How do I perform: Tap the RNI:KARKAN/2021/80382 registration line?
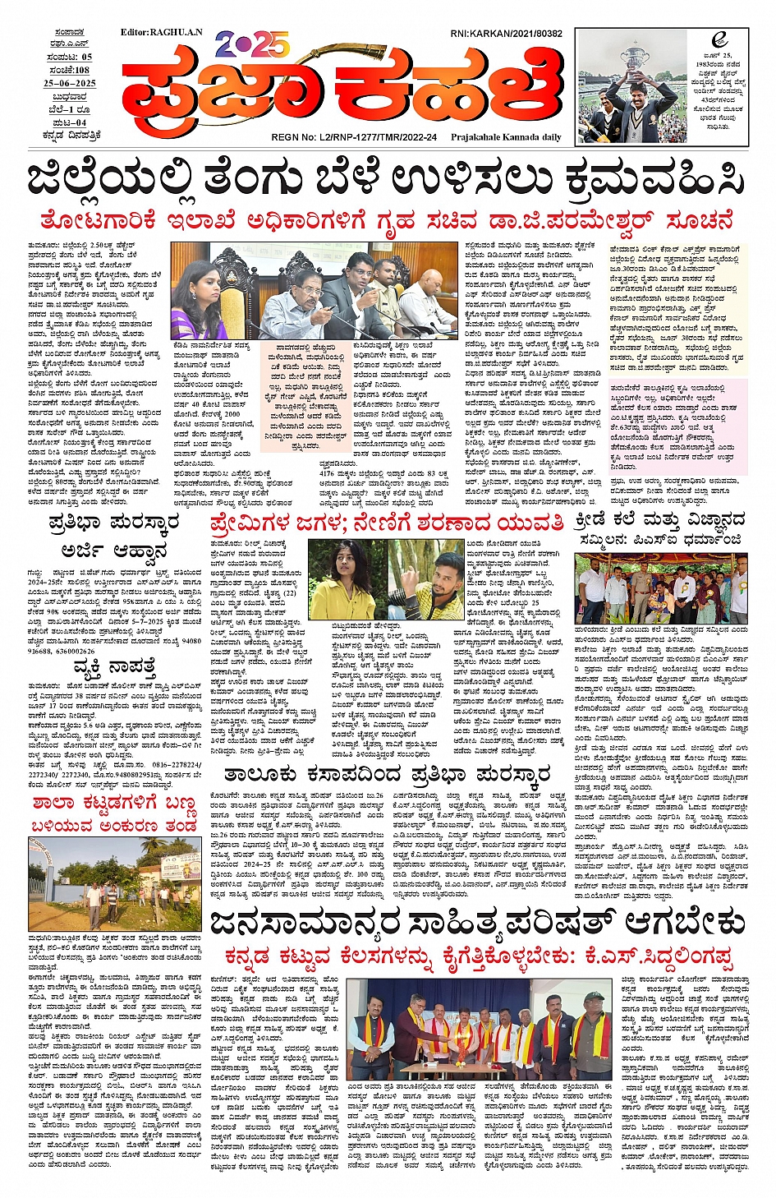click(x=506, y=34)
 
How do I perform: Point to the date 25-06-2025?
click(x=70, y=83)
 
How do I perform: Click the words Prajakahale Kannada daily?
click(x=506, y=137)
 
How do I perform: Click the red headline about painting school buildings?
click(x=114, y=813)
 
